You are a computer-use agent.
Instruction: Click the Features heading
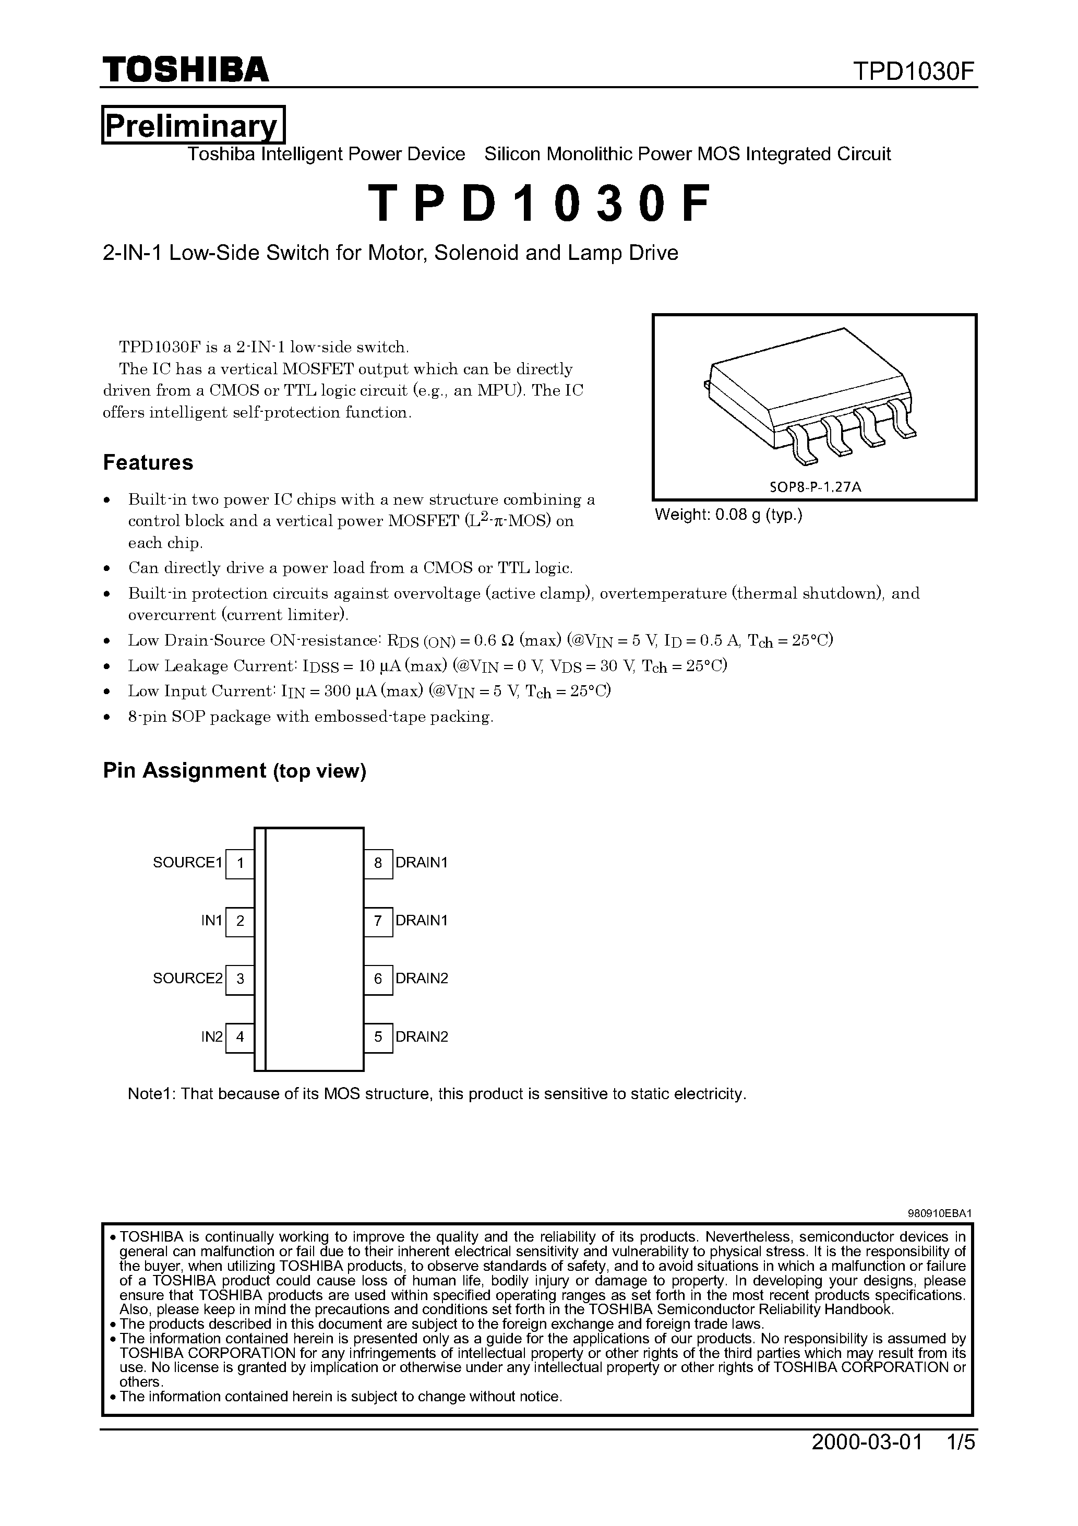(x=148, y=462)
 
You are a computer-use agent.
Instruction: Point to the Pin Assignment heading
(x=234, y=770)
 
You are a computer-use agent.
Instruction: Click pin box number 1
(x=240, y=863)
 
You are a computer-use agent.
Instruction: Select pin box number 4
(x=240, y=1037)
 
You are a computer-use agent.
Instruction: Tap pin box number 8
(x=378, y=863)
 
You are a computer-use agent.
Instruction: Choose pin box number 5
(x=378, y=1037)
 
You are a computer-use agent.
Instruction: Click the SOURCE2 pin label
(x=187, y=979)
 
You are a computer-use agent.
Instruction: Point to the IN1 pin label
(x=211, y=921)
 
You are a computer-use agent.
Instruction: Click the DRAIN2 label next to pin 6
(x=422, y=979)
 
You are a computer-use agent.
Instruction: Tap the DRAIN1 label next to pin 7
(x=422, y=921)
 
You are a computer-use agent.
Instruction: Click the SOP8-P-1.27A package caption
(x=815, y=486)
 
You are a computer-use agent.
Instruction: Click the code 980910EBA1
(x=939, y=1213)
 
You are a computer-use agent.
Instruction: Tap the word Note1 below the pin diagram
(x=150, y=1094)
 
